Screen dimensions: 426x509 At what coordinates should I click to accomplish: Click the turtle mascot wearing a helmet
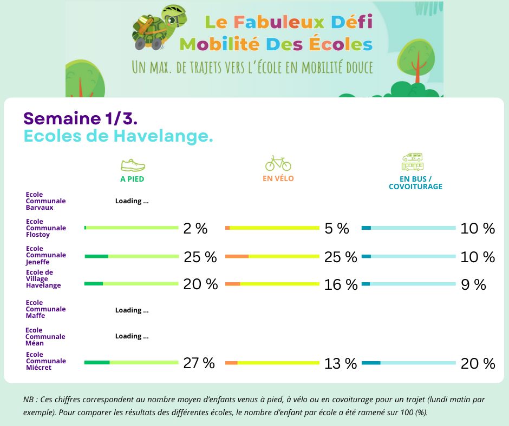[158, 30]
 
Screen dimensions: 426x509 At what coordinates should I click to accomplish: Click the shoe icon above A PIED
[132, 165]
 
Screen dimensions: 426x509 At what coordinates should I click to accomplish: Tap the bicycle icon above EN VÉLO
[278, 163]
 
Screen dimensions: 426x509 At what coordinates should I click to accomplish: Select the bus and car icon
[413, 162]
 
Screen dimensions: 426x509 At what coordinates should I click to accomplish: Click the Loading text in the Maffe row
[132, 310]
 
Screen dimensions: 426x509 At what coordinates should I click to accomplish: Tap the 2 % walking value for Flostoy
[195, 229]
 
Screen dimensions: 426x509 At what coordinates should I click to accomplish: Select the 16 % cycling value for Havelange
[341, 284]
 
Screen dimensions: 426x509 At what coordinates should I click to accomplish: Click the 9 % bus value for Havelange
[473, 284]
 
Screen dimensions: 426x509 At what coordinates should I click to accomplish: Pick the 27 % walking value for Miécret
[199, 363]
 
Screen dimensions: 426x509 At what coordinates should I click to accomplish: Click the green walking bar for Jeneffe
[132, 256]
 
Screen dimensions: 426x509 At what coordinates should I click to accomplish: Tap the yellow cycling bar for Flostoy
[272, 228]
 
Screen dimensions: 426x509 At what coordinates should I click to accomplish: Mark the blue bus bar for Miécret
[409, 363]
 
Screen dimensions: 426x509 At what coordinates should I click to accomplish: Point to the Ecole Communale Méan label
[45, 337]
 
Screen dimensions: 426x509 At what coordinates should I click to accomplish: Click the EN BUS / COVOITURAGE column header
[415, 183]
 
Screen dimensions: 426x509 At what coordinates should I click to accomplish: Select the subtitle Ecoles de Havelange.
[118, 136]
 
